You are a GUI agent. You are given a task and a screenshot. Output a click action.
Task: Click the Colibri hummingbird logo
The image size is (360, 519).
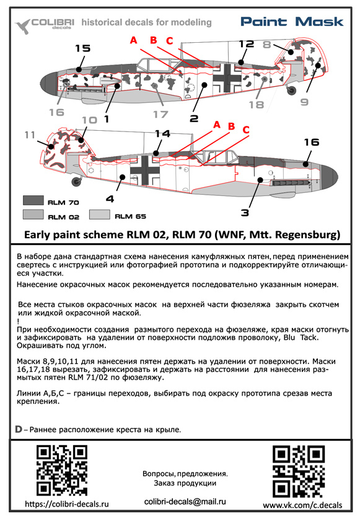coord(23,26)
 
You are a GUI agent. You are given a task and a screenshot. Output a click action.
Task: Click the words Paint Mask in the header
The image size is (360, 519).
coord(292,22)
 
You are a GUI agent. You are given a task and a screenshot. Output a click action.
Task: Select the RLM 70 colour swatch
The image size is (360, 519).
coord(33,200)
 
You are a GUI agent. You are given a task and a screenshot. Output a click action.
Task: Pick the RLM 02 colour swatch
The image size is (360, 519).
coord(33,214)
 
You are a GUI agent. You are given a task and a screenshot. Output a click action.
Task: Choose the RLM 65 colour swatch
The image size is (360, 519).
coord(100,214)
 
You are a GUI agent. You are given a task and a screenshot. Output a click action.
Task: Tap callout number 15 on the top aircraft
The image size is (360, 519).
coord(83,48)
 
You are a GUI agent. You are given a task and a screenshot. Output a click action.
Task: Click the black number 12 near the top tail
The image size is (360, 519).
coord(247,43)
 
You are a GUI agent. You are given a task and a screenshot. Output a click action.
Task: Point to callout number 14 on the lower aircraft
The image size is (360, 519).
coord(163,134)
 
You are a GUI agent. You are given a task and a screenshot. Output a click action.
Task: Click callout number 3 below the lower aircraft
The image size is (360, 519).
coord(245,213)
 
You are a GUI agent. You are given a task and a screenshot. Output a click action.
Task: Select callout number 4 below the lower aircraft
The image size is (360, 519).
coord(110,199)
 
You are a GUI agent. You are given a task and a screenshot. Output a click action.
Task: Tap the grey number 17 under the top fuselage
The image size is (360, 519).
coord(161,114)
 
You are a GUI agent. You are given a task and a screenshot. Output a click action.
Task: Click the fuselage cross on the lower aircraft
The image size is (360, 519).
coord(145,170)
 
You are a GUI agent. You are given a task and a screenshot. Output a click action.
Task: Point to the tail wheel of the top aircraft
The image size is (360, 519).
coord(291,89)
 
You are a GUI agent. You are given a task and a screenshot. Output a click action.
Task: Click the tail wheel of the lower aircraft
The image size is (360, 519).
coord(77,180)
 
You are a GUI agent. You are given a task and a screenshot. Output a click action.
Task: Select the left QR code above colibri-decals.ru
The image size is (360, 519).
coord(61,471)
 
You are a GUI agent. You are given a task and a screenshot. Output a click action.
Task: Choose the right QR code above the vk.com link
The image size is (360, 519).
coord(299,471)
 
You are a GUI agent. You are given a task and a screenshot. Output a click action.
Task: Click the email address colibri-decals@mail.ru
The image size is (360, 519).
coord(185,502)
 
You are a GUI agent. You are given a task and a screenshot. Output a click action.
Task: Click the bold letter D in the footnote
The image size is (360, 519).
coord(19,429)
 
